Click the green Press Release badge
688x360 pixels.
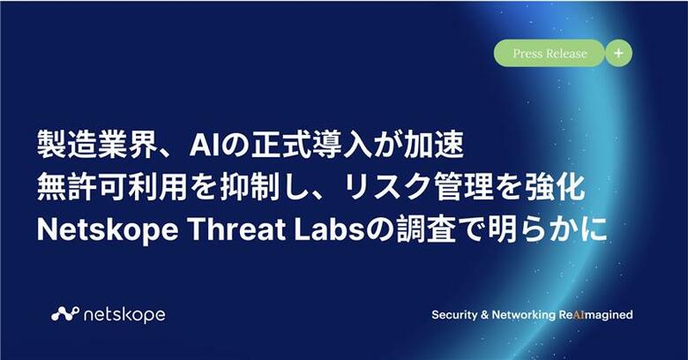tap(550, 53)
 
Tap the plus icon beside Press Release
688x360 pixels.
tap(618, 53)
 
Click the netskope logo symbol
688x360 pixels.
tap(64, 313)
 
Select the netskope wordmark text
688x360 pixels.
tap(124, 314)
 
